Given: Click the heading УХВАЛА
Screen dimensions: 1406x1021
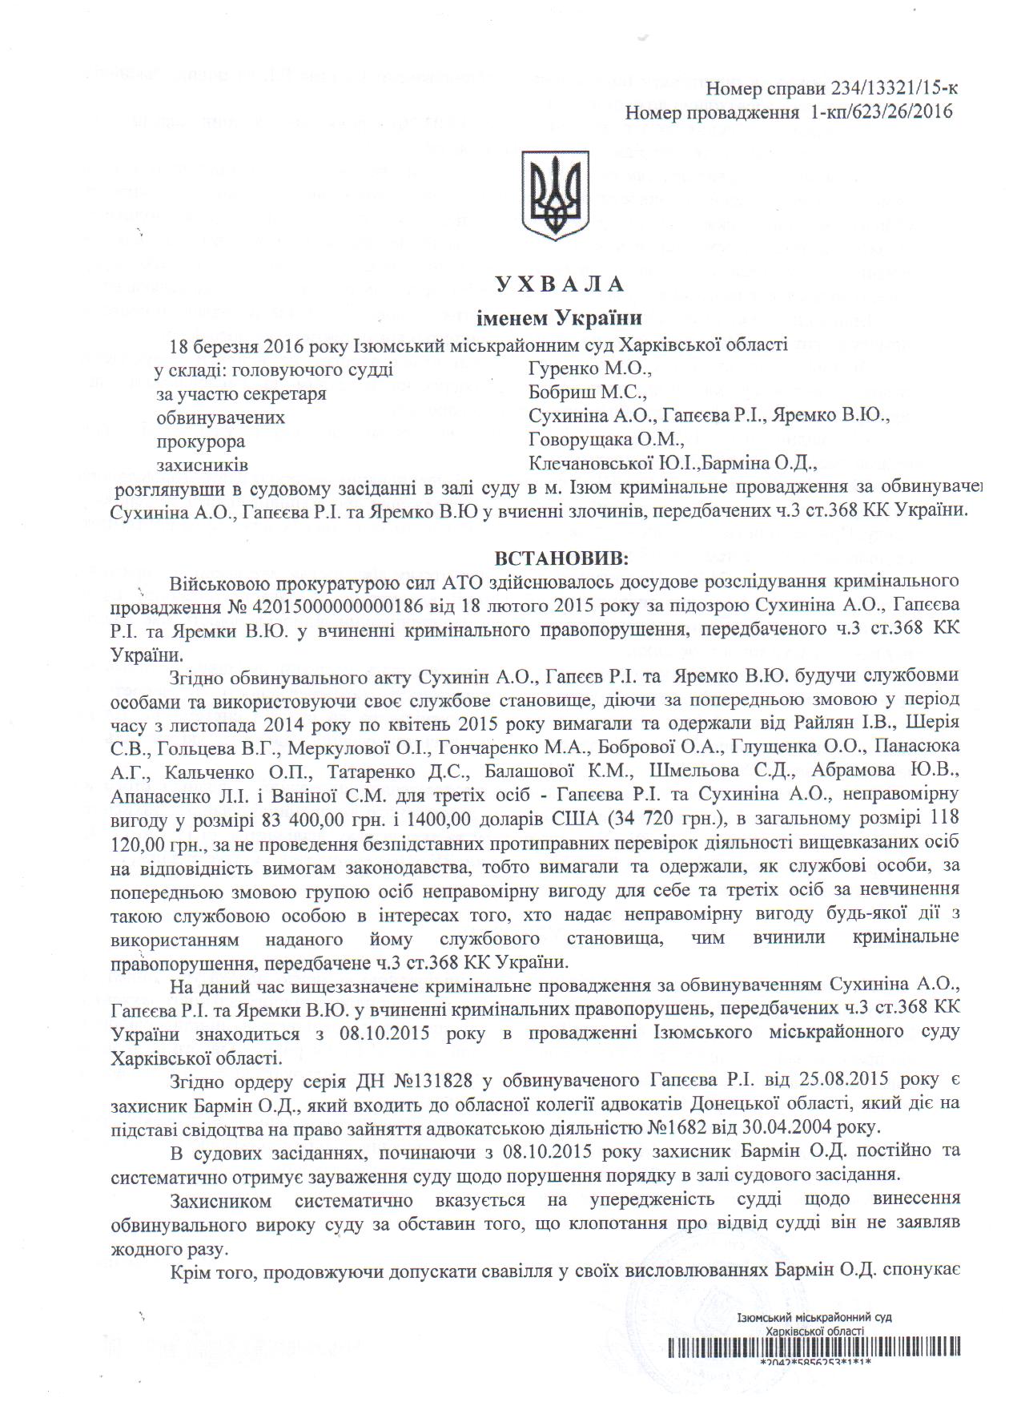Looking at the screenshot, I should [560, 284].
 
